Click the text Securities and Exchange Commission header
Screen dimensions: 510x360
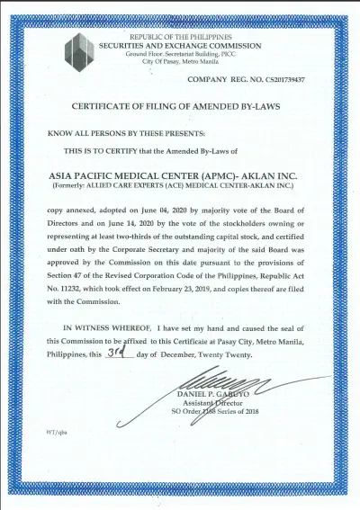pyautogui.click(x=181, y=46)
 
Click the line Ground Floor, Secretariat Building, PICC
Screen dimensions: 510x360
pyautogui.click(x=181, y=54)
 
